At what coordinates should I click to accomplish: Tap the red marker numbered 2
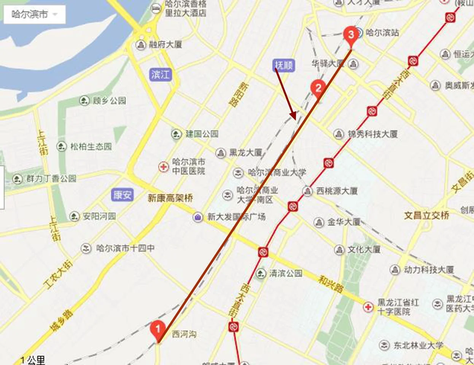pos(318,88)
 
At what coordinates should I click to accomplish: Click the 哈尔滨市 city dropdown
pos(35,14)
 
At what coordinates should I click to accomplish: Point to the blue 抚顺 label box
pos(284,65)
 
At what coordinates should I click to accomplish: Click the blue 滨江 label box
pos(160,74)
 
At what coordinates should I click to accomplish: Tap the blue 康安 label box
pos(122,195)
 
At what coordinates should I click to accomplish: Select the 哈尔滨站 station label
pos(382,32)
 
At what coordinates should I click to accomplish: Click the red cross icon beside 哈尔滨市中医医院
pos(164,166)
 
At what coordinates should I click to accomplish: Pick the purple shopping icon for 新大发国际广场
pos(198,217)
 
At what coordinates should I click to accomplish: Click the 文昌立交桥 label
pos(426,215)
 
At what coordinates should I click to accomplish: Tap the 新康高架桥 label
pos(170,198)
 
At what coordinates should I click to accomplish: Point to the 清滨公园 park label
pos(285,273)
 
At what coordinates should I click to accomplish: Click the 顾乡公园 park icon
pos(84,101)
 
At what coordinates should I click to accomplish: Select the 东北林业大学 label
pos(418,345)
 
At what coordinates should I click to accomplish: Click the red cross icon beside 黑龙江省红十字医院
pos(368,307)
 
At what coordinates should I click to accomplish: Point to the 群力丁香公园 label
pos(51,178)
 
